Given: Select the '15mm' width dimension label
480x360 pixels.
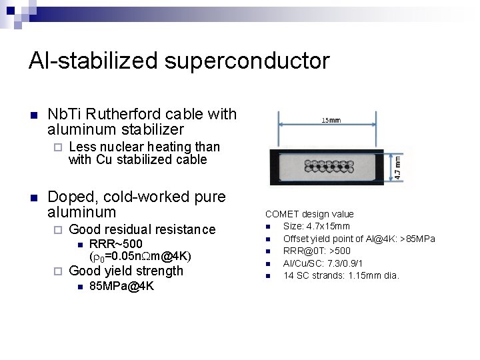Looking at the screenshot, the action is point(331,121).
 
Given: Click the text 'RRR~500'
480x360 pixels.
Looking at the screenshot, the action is point(115,243).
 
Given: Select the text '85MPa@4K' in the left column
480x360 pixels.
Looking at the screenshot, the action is point(121,286).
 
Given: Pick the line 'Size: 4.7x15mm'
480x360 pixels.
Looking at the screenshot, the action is point(317,227).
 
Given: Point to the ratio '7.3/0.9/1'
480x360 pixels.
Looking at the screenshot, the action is point(343,263).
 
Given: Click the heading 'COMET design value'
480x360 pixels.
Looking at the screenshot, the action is point(309,214).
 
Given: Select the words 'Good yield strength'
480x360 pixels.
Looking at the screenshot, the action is point(126,271).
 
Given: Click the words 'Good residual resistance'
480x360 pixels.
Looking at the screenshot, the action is point(142,229).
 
